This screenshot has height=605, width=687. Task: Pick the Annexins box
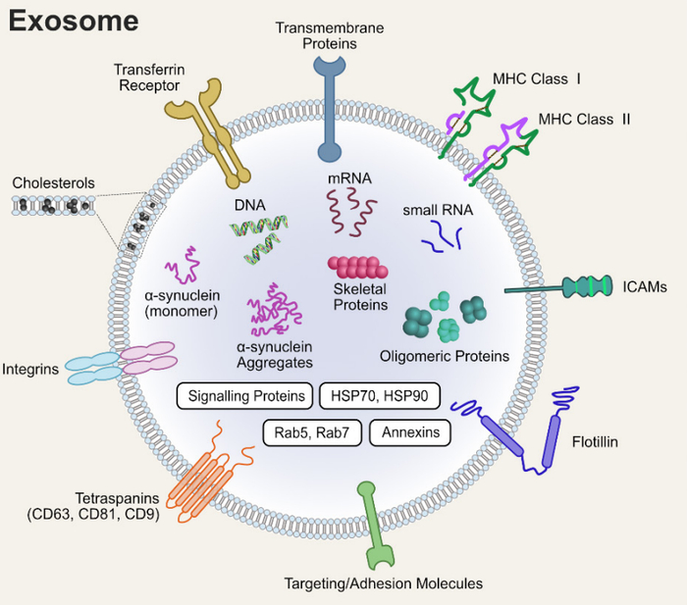[x=409, y=432]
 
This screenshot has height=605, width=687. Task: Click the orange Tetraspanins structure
[x=201, y=480]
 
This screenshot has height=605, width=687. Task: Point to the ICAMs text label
[x=644, y=287]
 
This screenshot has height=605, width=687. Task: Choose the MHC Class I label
[x=550, y=77]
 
